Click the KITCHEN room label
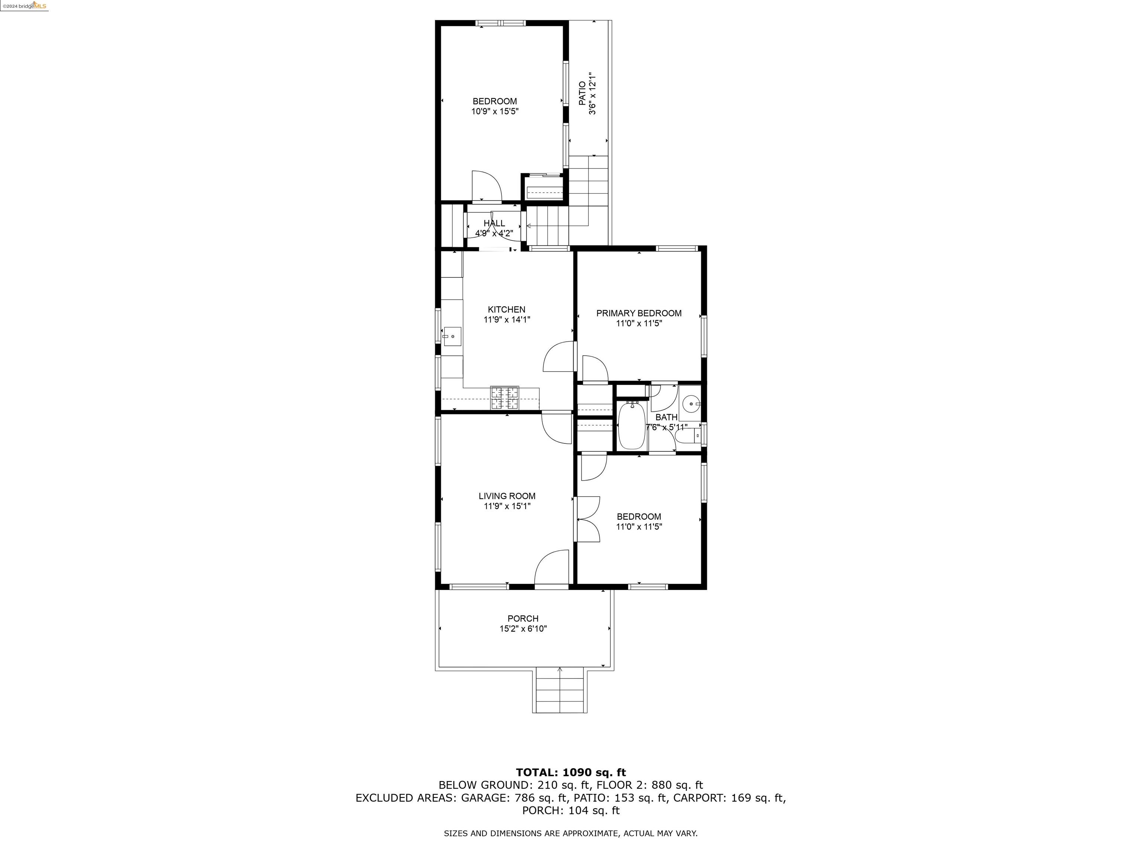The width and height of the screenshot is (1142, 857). click(x=506, y=309)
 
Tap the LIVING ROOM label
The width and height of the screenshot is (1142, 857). click(x=506, y=496)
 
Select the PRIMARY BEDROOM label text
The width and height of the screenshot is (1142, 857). click(x=639, y=313)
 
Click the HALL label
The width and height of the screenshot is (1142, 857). click(x=494, y=223)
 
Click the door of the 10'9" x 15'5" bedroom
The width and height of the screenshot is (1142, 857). click(x=486, y=186)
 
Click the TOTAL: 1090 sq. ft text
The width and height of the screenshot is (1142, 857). click(x=571, y=772)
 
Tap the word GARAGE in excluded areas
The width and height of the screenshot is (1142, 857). click(x=483, y=797)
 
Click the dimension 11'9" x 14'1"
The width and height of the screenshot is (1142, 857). click(x=506, y=320)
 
